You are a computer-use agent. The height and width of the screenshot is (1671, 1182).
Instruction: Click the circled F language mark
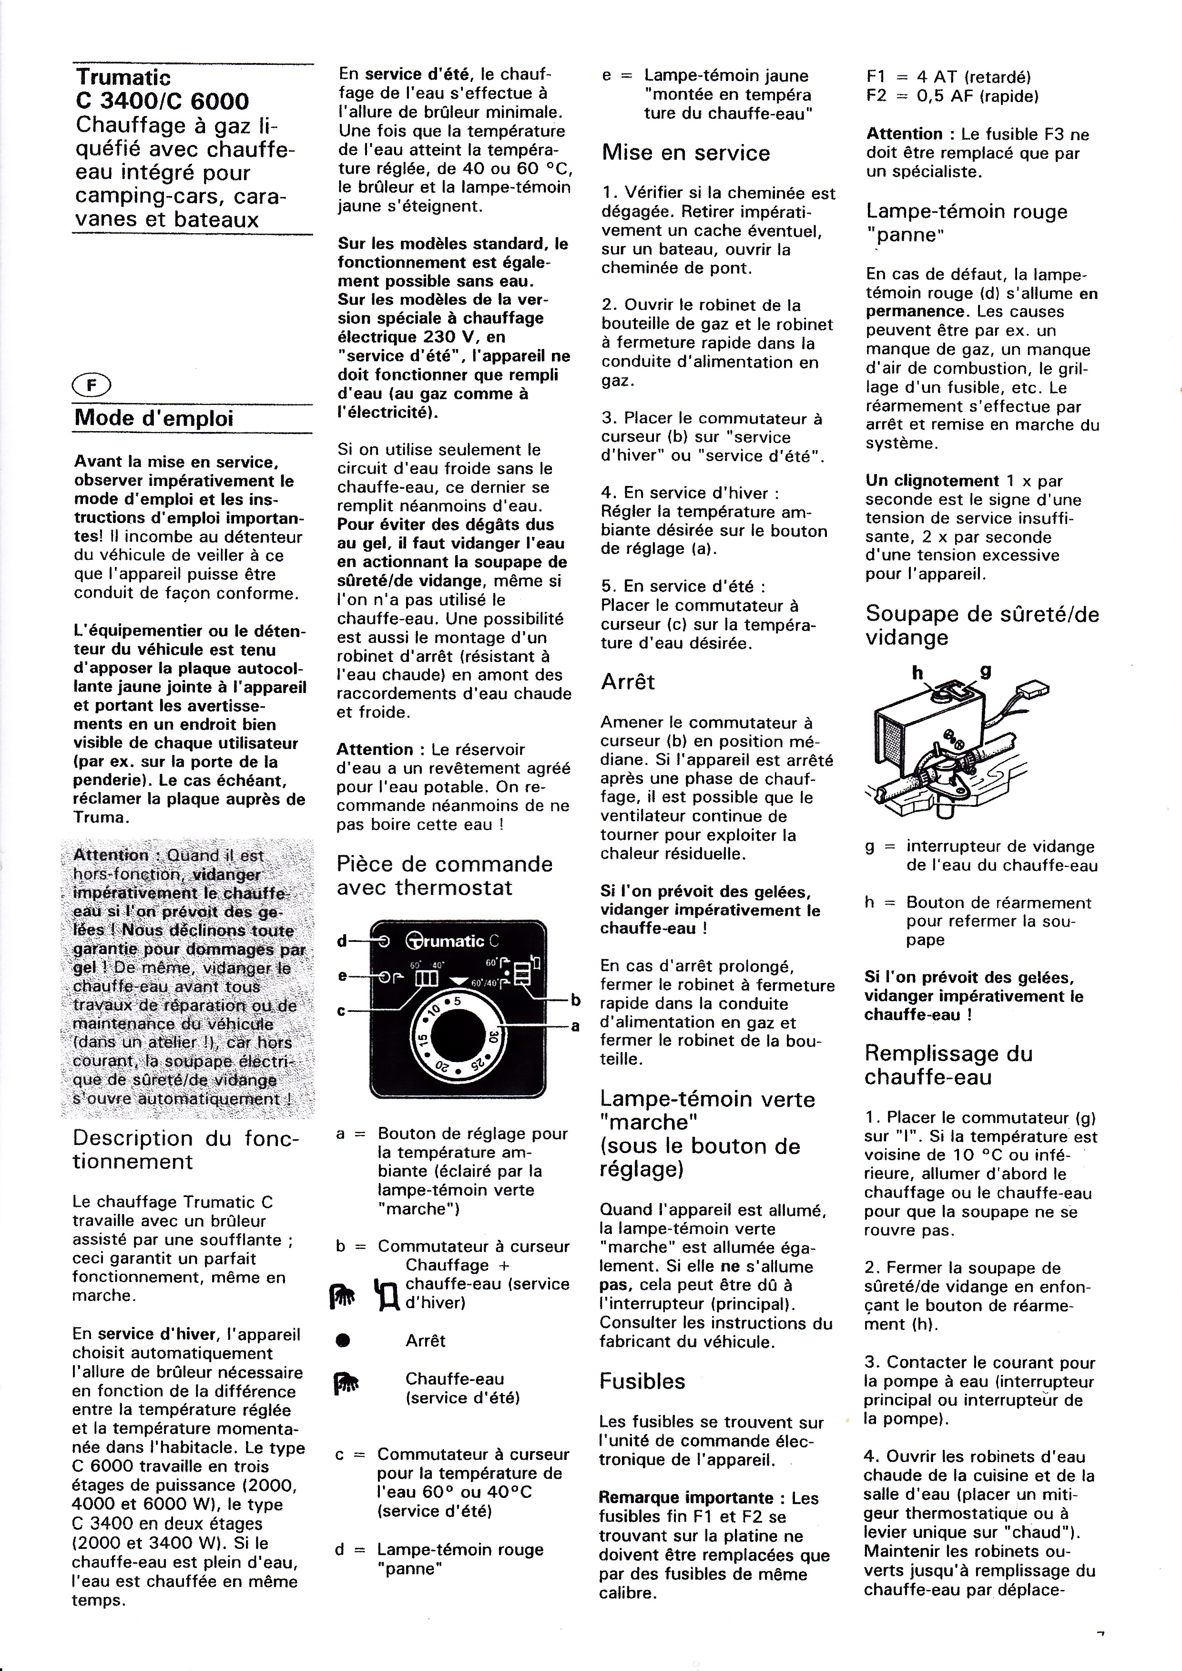(92, 384)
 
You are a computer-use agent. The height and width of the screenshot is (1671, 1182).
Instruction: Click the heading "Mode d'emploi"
(153, 419)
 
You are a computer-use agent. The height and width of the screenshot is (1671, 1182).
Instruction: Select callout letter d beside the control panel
(341, 941)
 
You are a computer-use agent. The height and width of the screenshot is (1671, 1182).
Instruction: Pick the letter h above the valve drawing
(918, 673)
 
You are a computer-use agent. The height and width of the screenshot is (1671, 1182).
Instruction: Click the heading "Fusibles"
(642, 1381)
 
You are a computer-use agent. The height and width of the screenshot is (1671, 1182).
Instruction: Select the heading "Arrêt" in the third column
(628, 682)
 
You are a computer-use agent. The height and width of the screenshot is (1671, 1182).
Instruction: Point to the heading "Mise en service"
(686, 153)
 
